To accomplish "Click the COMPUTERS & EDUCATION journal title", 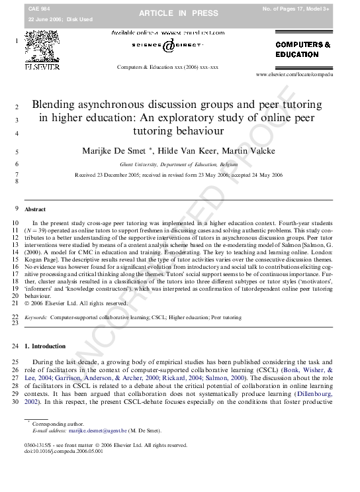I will (x=303, y=50).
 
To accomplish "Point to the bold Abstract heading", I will (x=35, y=209).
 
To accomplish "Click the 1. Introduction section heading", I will (x=45, y=346).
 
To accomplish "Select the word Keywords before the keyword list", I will (x=36, y=318).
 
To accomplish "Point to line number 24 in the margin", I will (x=15, y=346).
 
